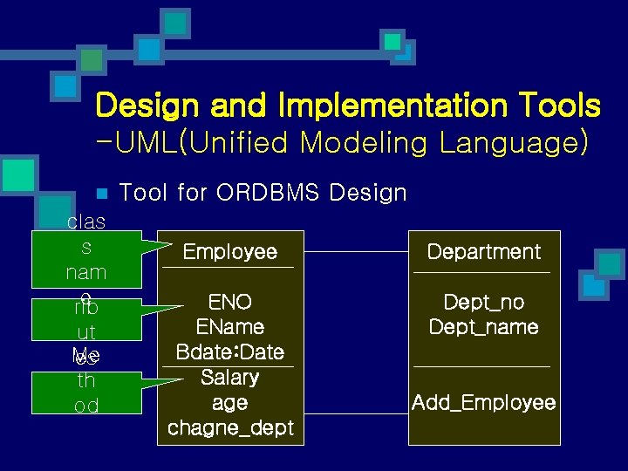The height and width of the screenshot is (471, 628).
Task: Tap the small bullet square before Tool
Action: (x=101, y=193)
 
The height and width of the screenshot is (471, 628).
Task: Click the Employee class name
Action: (x=230, y=252)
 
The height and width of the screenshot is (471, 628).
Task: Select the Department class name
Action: (x=484, y=252)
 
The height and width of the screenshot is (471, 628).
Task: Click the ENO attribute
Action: (x=230, y=302)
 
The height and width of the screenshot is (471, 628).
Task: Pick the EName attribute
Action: (x=230, y=327)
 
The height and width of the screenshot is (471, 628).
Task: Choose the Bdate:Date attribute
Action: (x=230, y=352)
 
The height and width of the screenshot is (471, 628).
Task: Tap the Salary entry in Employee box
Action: (x=230, y=378)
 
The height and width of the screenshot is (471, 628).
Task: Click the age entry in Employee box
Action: (x=230, y=403)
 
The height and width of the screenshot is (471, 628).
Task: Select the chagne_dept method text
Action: (x=230, y=428)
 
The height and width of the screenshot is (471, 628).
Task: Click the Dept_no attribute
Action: (x=484, y=302)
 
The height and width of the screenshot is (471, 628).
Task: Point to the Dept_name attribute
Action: (x=484, y=327)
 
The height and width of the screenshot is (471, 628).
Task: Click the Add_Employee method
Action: (x=484, y=403)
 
